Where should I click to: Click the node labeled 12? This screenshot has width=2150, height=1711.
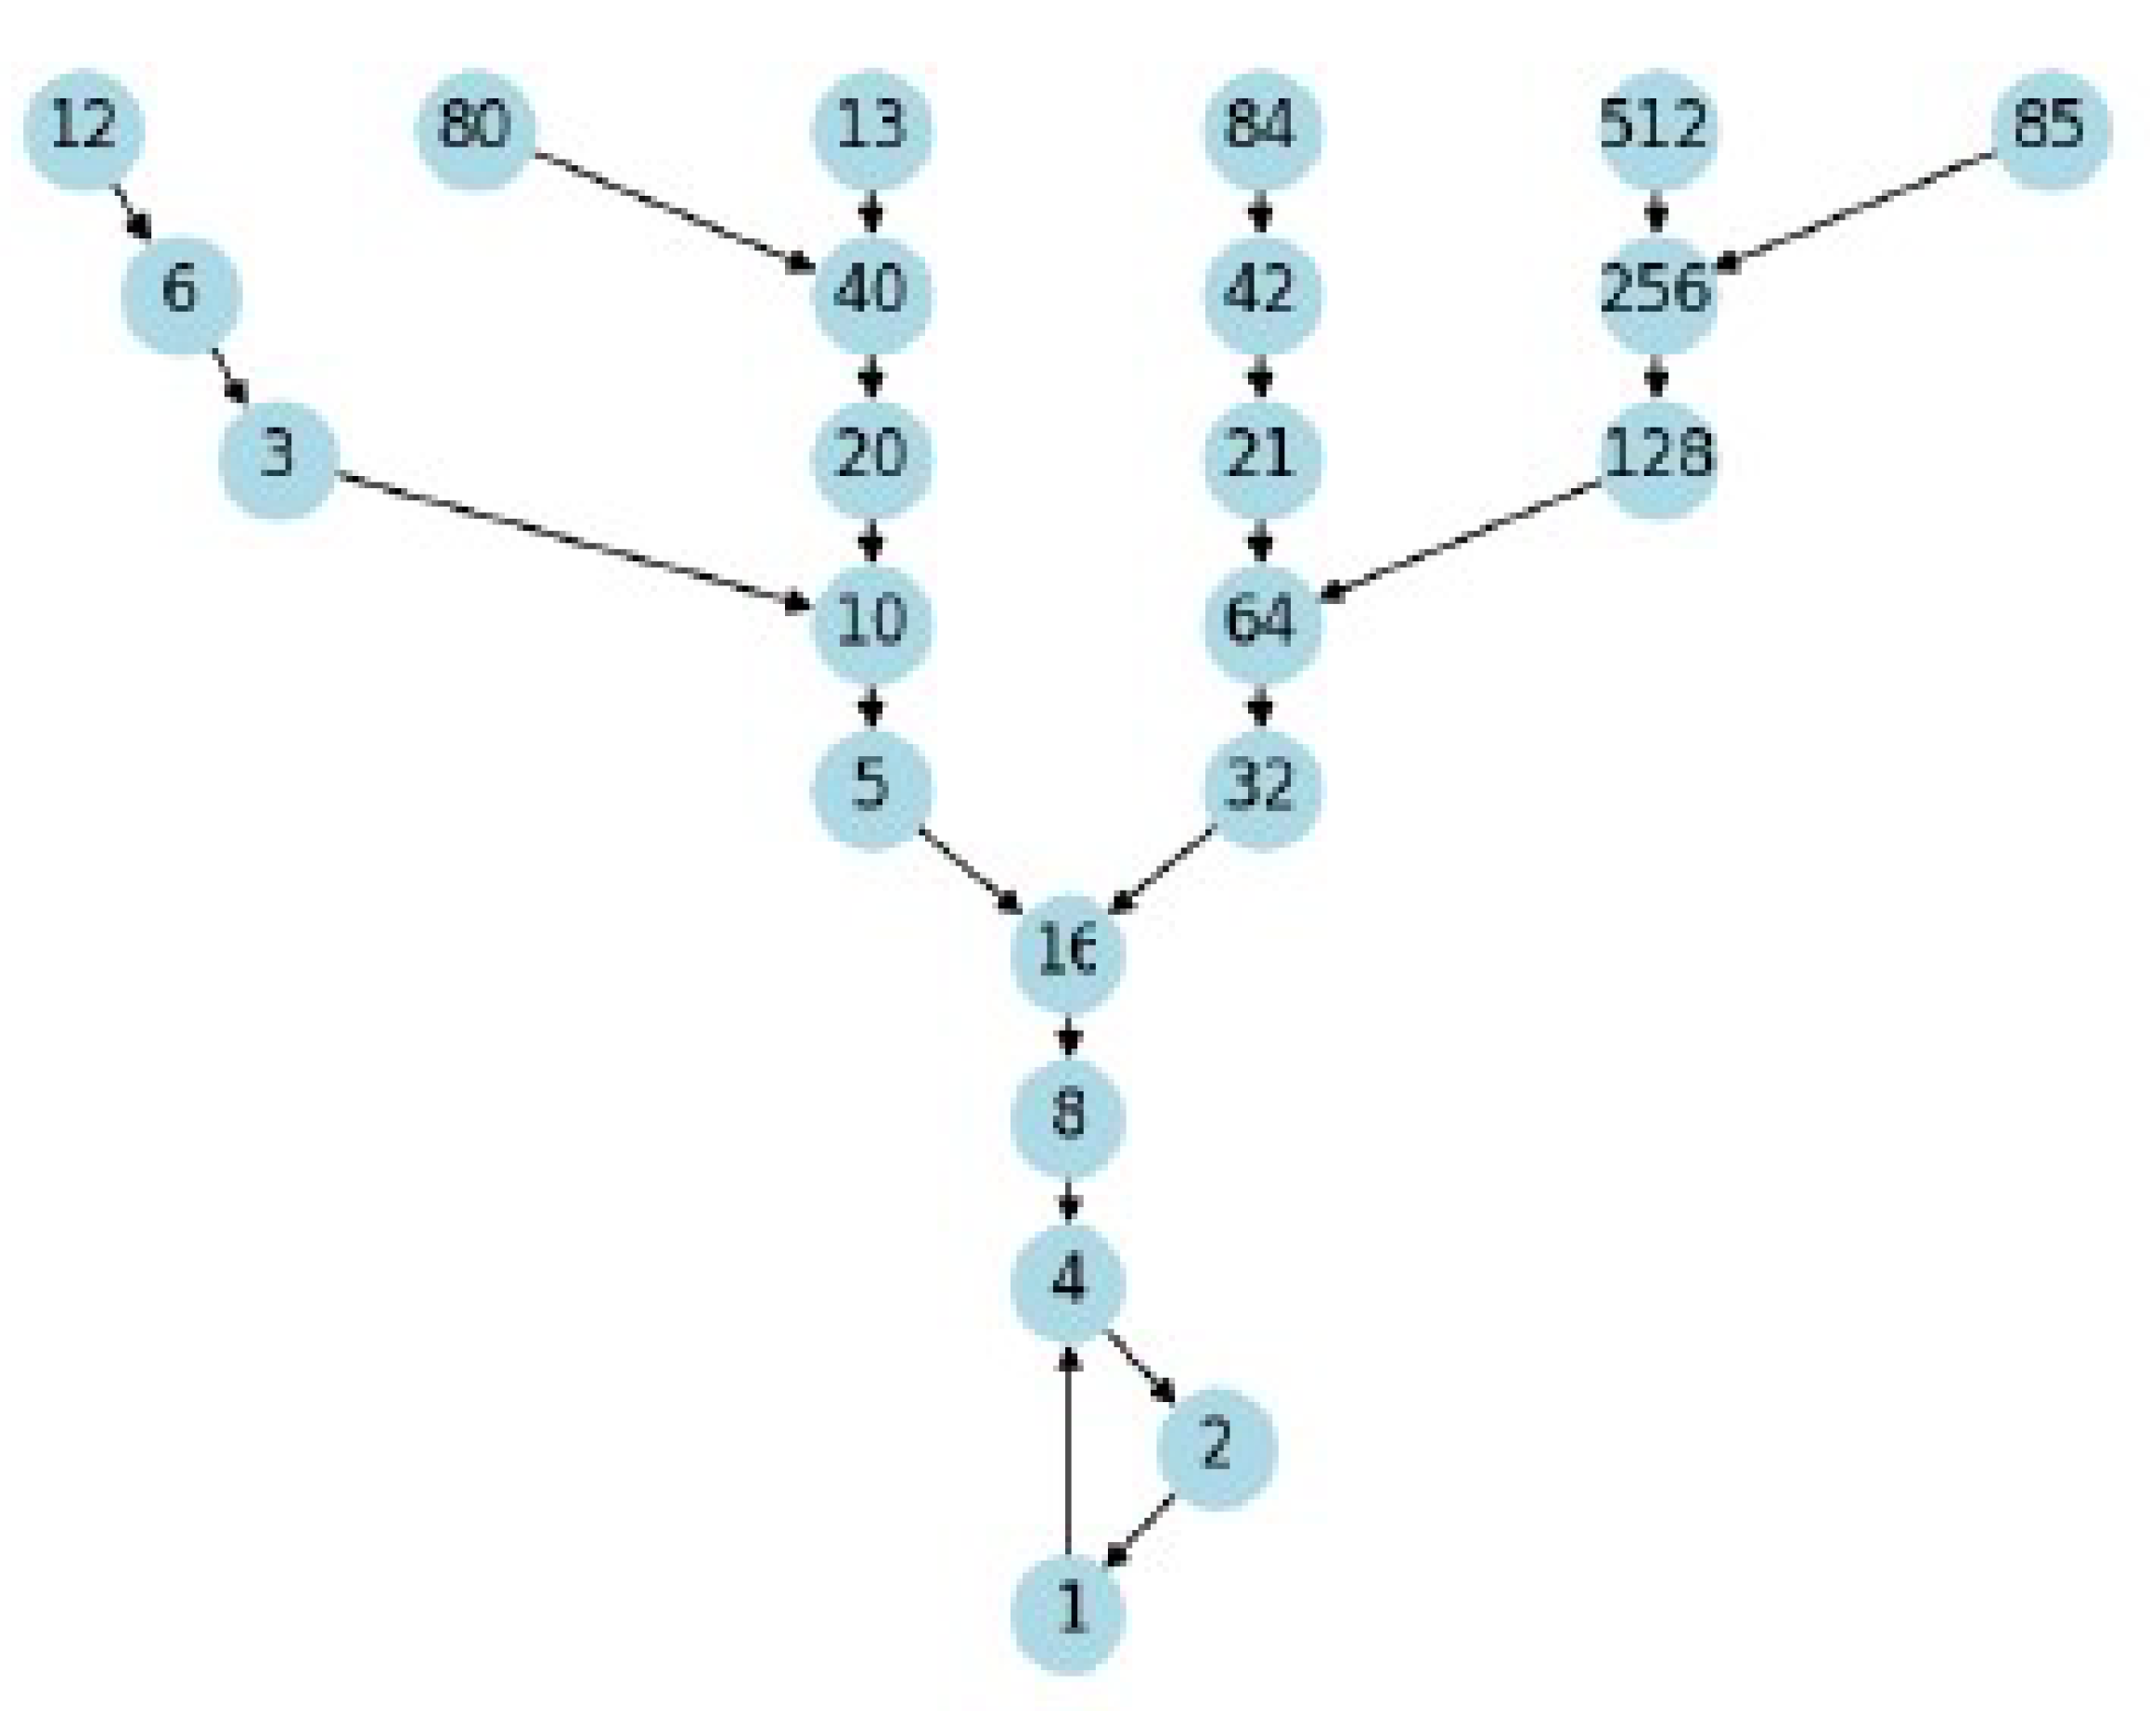pos(84,129)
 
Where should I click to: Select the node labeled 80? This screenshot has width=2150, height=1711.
pos(475,129)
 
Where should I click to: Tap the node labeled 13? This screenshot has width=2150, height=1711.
pos(872,129)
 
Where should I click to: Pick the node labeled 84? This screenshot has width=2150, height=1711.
pos(1263,129)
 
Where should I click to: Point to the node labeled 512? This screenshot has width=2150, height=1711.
pos(1656,129)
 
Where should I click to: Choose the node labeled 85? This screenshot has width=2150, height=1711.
pos(2051,129)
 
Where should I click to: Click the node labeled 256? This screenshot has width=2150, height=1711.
pos(1656,293)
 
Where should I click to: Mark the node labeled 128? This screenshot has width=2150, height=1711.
pos(1656,457)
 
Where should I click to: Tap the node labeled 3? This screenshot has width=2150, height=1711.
pos(278,457)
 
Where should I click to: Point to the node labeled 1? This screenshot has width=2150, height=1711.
pos(1068,1612)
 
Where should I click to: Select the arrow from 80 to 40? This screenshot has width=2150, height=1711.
pos(673,211)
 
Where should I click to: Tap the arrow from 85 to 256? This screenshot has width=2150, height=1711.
pos(1855,211)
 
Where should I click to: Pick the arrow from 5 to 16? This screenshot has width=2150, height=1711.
pos(970,869)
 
